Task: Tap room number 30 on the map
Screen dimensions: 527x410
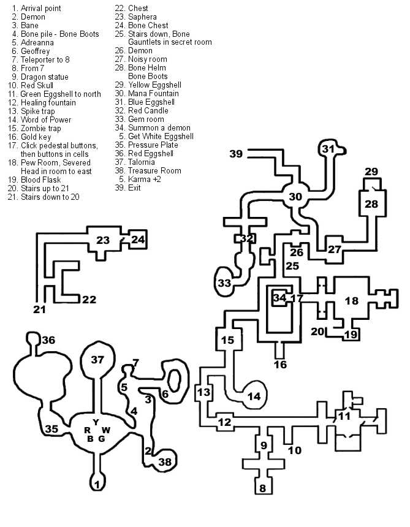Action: (x=295, y=197)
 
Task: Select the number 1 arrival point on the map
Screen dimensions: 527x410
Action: (x=96, y=485)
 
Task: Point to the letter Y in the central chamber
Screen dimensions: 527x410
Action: (x=96, y=422)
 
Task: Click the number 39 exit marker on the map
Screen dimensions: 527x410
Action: (x=237, y=154)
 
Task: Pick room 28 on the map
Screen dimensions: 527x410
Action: (x=372, y=204)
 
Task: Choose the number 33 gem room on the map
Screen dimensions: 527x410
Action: (x=224, y=283)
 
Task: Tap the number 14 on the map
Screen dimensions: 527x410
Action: (x=253, y=396)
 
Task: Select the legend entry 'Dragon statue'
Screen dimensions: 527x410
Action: (x=44, y=77)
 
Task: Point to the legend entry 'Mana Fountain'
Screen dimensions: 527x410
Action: (x=150, y=94)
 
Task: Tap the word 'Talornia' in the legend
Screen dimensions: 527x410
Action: (x=142, y=162)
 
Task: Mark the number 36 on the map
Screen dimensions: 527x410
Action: (x=48, y=340)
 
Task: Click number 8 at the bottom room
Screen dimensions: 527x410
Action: (x=262, y=488)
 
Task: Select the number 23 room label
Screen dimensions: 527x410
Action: (x=102, y=240)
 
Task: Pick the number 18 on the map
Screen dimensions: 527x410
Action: (x=351, y=301)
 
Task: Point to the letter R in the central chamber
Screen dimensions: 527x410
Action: (x=88, y=430)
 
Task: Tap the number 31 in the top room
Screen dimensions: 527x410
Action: (x=329, y=149)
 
